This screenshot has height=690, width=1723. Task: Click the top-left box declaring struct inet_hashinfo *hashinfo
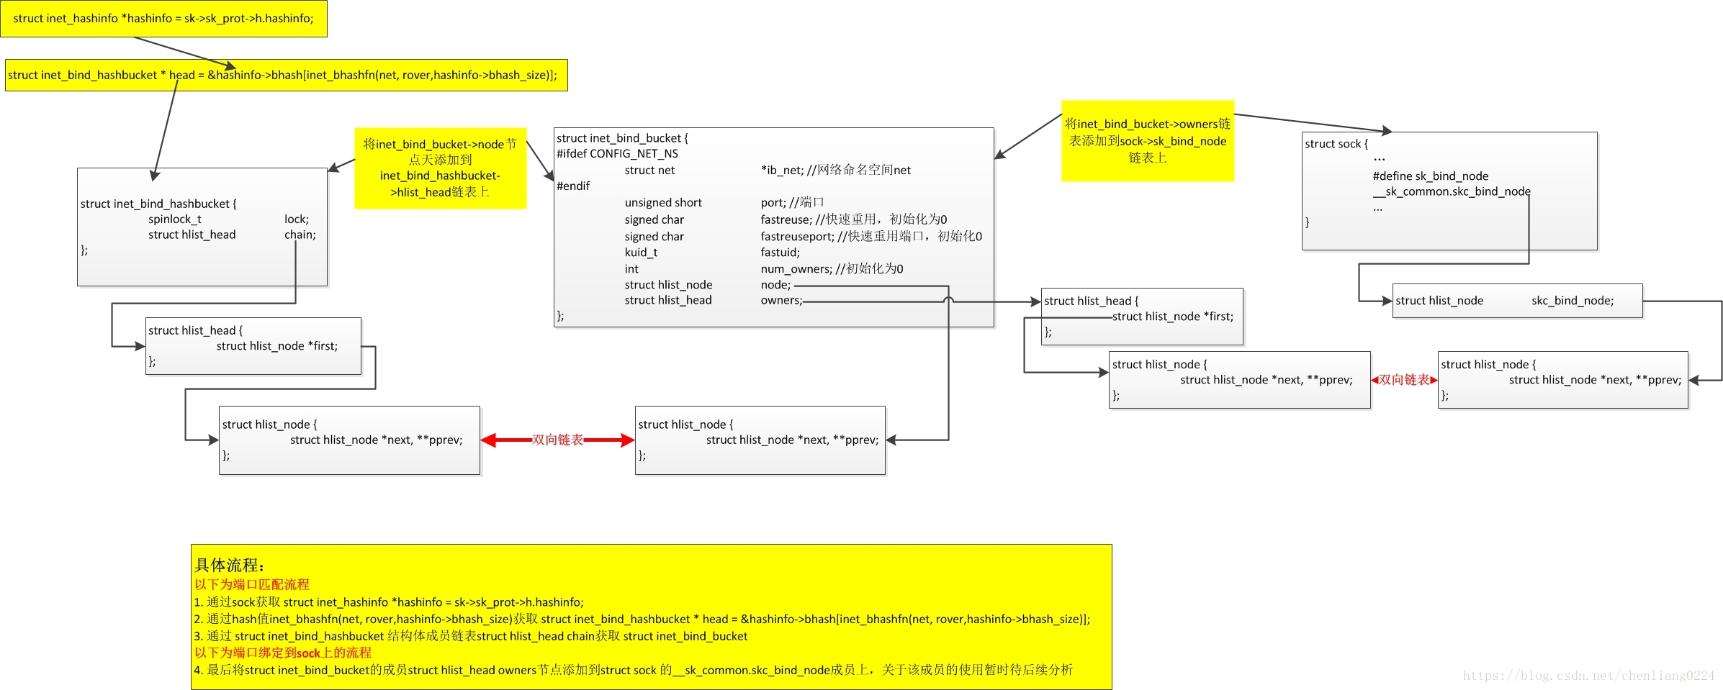[163, 19]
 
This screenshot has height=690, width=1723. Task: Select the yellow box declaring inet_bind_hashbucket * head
[286, 75]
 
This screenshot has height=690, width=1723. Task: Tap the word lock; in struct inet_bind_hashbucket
[296, 219]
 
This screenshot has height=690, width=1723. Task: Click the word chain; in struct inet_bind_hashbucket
[300, 235]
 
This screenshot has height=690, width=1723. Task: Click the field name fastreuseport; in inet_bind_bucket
[797, 237]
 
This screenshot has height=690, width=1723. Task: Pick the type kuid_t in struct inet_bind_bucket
[641, 253]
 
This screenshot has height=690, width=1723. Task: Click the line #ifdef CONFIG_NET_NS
[617, 154]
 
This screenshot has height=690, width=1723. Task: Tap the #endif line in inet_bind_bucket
[573, 186]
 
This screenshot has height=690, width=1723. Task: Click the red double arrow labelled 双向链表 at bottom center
[557, 440]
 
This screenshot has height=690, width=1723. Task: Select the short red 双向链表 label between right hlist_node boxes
[1404, 380]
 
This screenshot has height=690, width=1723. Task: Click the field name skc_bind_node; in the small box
[1572, 301]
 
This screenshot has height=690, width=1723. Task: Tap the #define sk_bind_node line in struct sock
[1430, 176]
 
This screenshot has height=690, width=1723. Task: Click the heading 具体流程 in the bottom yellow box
[230, 566]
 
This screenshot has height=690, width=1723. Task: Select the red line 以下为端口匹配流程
[251, 584]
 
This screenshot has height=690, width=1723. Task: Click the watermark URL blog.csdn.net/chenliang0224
[1588, 676]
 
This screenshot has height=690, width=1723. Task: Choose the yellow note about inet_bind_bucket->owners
[1147, 141]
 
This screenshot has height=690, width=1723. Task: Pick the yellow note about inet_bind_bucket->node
[440, 168]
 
